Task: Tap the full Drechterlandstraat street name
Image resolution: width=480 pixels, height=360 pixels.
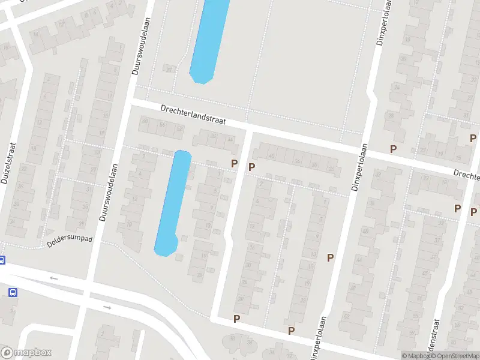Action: tap(193, 115)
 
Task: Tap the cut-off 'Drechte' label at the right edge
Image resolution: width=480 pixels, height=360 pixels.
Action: tap(466, 175)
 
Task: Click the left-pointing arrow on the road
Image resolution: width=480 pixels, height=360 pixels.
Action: tap(54, 278)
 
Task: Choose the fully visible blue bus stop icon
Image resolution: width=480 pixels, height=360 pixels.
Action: tap(13, 292)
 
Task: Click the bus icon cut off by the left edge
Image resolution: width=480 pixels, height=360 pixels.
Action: tap(2, 260)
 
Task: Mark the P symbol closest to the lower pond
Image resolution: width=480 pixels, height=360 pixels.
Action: tap(235, 163)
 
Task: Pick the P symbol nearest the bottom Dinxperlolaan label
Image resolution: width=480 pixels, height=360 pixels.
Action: tap(292, 330)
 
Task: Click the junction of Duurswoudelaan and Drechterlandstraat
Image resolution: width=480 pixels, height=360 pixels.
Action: tap(130, 103)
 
